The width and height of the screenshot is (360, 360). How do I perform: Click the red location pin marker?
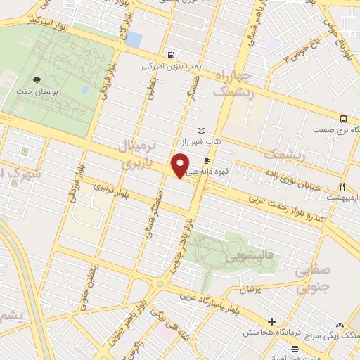point(181,166)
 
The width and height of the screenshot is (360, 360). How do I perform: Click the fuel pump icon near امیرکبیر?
point(170,56)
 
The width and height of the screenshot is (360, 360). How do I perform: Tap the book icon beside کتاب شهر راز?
point(202,131)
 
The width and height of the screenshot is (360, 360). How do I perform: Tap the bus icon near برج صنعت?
point(342,119)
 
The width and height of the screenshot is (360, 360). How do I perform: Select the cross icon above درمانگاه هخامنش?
point(271,321)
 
